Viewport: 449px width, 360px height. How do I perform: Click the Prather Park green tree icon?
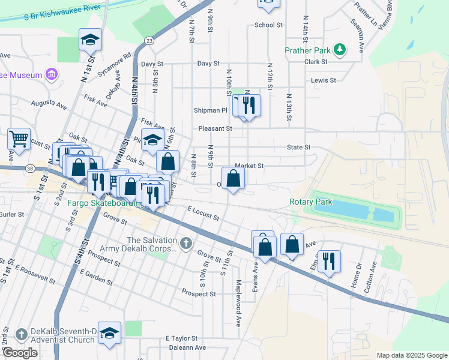(340, 49)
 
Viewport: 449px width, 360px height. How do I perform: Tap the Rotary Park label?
(310, 202)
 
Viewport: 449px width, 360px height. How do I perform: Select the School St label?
(268, 25)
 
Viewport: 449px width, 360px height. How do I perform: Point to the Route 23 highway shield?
(148, 40)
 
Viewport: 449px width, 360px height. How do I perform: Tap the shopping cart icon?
(19, 139)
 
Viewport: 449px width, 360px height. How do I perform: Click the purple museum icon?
(52, 75)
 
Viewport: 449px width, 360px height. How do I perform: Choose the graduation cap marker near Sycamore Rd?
(91, 40)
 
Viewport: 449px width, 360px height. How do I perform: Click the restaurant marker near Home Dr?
(329, 261)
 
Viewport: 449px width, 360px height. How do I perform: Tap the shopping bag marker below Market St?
(234, 178)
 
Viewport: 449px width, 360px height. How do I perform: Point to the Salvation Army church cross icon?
(185, 243)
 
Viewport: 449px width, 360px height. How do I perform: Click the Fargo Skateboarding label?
(103, 203)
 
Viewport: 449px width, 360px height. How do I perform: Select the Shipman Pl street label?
(210, 110)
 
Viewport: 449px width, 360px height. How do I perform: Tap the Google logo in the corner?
(20, 353)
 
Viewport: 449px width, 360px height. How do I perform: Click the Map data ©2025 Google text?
(411, 355)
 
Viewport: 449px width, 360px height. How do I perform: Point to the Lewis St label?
(322, 80)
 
